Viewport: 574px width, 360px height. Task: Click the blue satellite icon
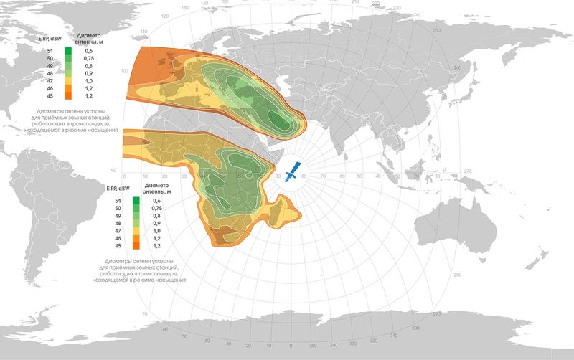click(292, 172)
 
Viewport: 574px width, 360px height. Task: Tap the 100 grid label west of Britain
click(126, 72)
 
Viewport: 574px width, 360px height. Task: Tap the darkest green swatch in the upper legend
click(67, 51)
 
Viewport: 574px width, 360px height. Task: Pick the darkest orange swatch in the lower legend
click(134, 246)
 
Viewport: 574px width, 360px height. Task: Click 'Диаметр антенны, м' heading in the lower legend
click(157, 189)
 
